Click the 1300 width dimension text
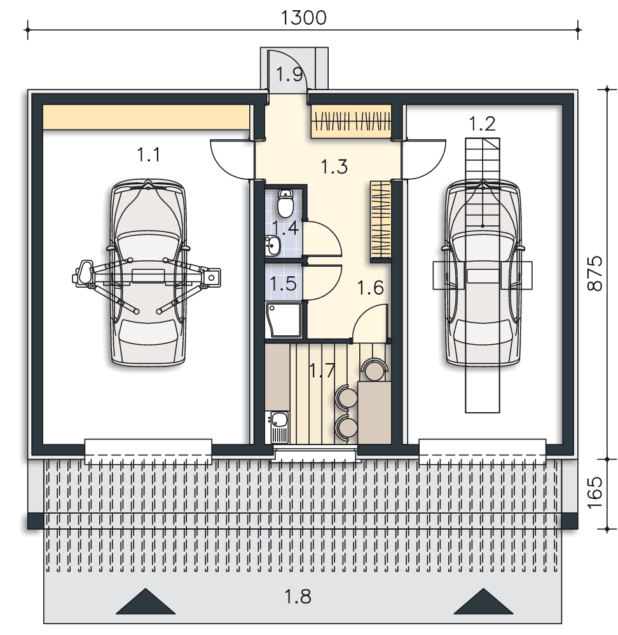click(x=303, y=18)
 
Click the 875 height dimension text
click(x=595, y=273)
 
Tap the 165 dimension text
click(x=595, y=493)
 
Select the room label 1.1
click(x=148, y=154)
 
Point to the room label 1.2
click(x=482, y=124)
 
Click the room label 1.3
click(x=334, y=166)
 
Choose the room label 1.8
click(x=298, y=596)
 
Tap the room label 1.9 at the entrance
click(x=289, y=74)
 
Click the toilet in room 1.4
click(x=285, y=203)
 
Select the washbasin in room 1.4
click(x=273, y=244)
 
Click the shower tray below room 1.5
click(x=284, y=320)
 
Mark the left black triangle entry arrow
click(x=146, y=601)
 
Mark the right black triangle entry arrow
click(x=483, y=601)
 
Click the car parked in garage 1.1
click(x=148, y=272)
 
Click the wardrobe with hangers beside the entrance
click(x=351, y=121)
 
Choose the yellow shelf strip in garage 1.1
click(x=146, y=117)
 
